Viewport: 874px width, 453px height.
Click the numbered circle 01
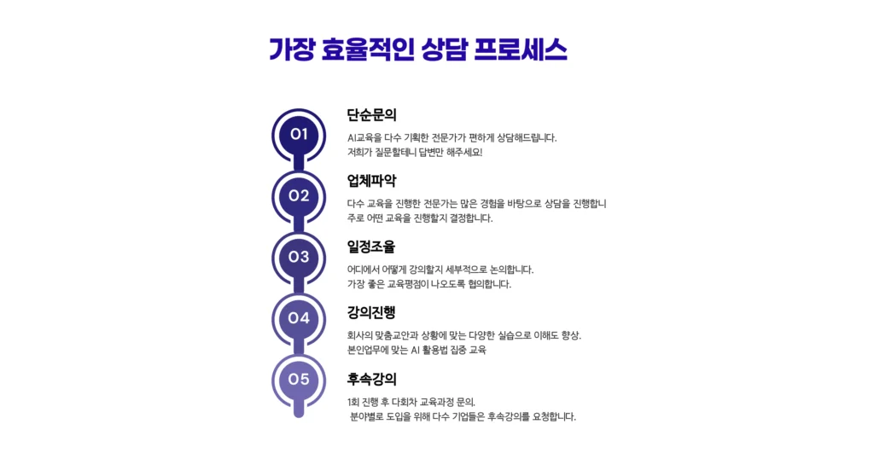pyautogui.click(x=299, y=135)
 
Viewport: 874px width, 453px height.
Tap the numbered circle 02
pyautogui.click(x=299, y=197)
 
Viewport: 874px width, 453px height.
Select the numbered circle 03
pyautogui.click(x=299, y=258)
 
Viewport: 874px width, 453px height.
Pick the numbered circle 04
pyautogui.click(x=299, y=319)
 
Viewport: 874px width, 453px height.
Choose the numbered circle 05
pyautogui.click(x=299, y=380)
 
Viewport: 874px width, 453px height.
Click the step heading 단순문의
pyautogui.click(x=371, y=115)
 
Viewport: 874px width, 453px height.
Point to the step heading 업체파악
pyautogui.click(x=371, y=181)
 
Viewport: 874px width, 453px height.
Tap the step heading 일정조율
pyautogui.click(x=371, y=247)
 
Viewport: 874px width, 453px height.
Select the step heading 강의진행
pyautogui.click(x=371, y=312)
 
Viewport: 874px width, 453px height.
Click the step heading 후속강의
pyautogui.click(x=371, y=379)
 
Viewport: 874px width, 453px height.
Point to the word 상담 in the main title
pyautogui.click(x=444, y=49)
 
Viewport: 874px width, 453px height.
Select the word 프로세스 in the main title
pyautogui.click(x=521, y=49)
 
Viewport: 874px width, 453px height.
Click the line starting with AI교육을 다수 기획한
pyautogui.click(x=452, y=137)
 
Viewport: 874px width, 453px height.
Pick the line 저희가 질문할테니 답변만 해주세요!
pyautogui.click(x=415, y=152)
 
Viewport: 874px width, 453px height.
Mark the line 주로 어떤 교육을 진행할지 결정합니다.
pyautogui.click(x=420, y=218)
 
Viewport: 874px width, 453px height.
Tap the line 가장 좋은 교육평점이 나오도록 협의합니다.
pyautogui.click(x=429, y=284)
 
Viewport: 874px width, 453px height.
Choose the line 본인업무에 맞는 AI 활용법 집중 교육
pyautogui.click(x=417, y=350)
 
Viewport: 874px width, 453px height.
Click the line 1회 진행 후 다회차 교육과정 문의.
pyautogui.click(x=411, y=402)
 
